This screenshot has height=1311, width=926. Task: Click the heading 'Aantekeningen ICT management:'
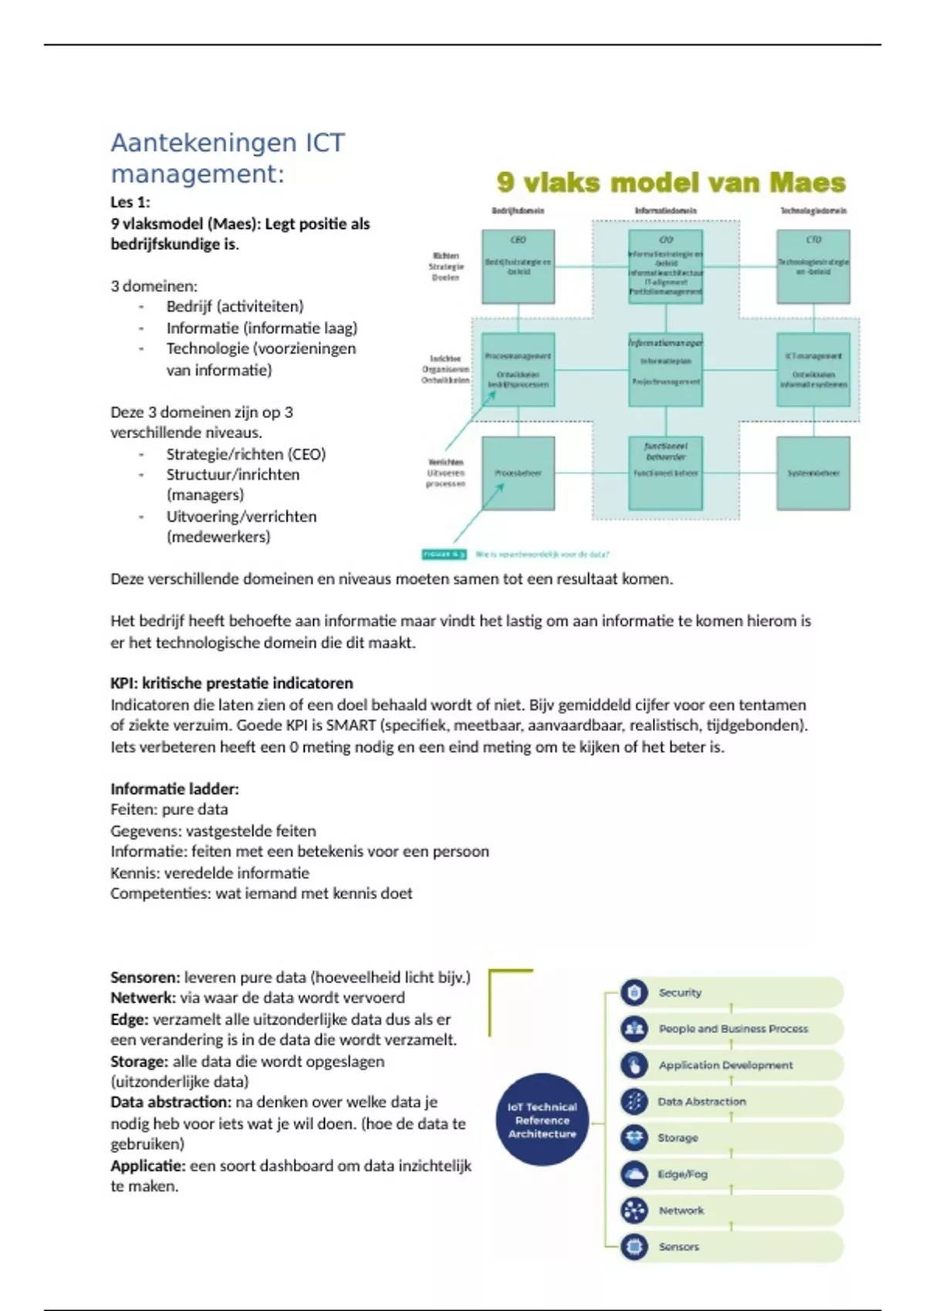228,158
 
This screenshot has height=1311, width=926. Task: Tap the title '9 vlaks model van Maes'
671,183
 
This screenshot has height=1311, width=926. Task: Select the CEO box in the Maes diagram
518,266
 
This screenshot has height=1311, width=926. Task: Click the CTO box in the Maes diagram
813,266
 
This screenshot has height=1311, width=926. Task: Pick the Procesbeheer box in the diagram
518,473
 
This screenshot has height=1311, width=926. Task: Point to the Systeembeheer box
813,473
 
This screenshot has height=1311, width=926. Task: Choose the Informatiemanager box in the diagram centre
665,369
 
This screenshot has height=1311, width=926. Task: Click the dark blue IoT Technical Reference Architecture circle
542,1120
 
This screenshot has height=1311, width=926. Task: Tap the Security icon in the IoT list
634,993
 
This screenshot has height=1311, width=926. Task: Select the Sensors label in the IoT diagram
679,1246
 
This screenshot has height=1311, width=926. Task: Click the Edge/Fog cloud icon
634,1174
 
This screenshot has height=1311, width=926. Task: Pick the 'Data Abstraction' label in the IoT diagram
701,1101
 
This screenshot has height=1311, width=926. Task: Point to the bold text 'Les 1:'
130,203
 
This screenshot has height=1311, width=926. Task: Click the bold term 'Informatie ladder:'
174,789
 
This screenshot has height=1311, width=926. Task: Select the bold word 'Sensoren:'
145,977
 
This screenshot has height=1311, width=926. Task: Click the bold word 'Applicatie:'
148,1165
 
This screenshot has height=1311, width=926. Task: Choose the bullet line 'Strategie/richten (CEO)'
245,454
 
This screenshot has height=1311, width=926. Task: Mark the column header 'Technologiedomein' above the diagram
813,211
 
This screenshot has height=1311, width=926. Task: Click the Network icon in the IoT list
634,1210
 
